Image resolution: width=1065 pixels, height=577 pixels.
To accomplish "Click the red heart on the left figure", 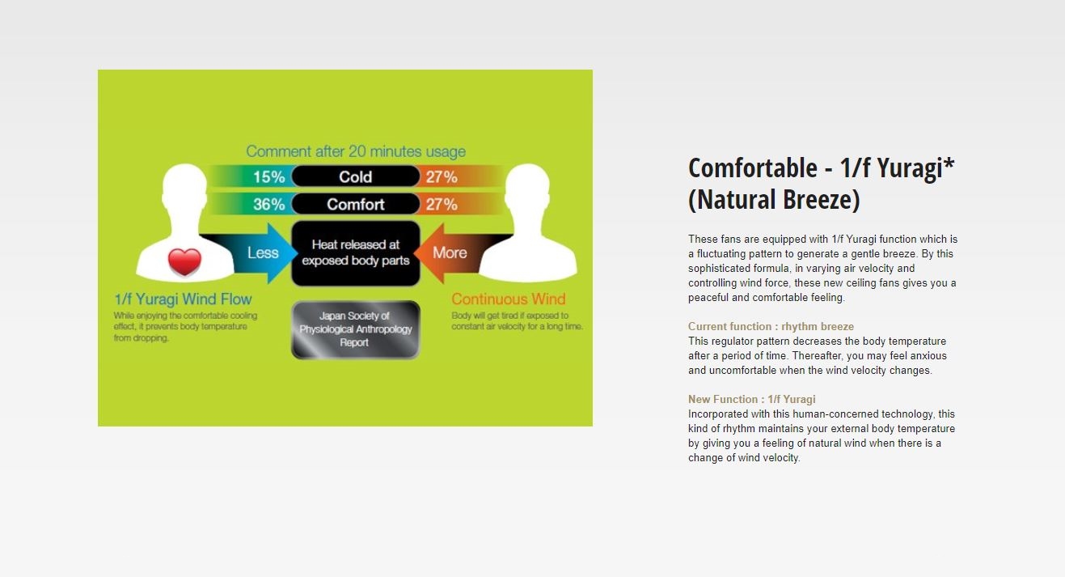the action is pyautogui.click(x=184, y=261).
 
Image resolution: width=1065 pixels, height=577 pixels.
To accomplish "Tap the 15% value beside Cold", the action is pyautogui.click(x=268, y=177).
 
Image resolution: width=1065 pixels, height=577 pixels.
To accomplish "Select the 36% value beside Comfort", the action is pyautogui.click(x=268, y=205).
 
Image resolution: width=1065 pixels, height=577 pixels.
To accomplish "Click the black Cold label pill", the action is pyautogui.click(x=356, y=176).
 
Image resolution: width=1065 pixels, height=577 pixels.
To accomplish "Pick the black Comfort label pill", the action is pyautogui.click(x=356, y=204).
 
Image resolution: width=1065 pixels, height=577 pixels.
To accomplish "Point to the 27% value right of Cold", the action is pyautogui.click(x=442, y=177).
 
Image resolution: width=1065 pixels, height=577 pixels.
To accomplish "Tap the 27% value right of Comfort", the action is pyautogui.click(x=442, y=205).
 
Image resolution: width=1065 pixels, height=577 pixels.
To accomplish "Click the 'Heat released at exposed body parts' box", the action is pyautogui.click(x=356, y=253).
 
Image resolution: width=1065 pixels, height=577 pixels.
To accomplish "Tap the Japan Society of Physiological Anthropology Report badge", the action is pyautogui.click(x=356, y=329).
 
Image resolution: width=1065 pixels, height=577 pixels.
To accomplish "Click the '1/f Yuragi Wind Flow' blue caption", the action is pyautogui.click(x=183, y=299).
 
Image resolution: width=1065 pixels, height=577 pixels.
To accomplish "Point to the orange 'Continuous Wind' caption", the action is pyautogui.click(x=509, y=299).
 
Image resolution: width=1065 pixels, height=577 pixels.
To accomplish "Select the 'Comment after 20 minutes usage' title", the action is pyautogui.click(x=356, y=151).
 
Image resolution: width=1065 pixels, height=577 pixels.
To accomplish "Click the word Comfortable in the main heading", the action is pyautogui.click(x=753, y=168).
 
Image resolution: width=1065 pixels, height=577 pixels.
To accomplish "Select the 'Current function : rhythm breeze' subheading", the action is pyautogui.click(x=771, y=326).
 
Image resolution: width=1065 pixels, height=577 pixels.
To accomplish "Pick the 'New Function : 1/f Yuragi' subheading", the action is pyautogui.click(x=752, y=399).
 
